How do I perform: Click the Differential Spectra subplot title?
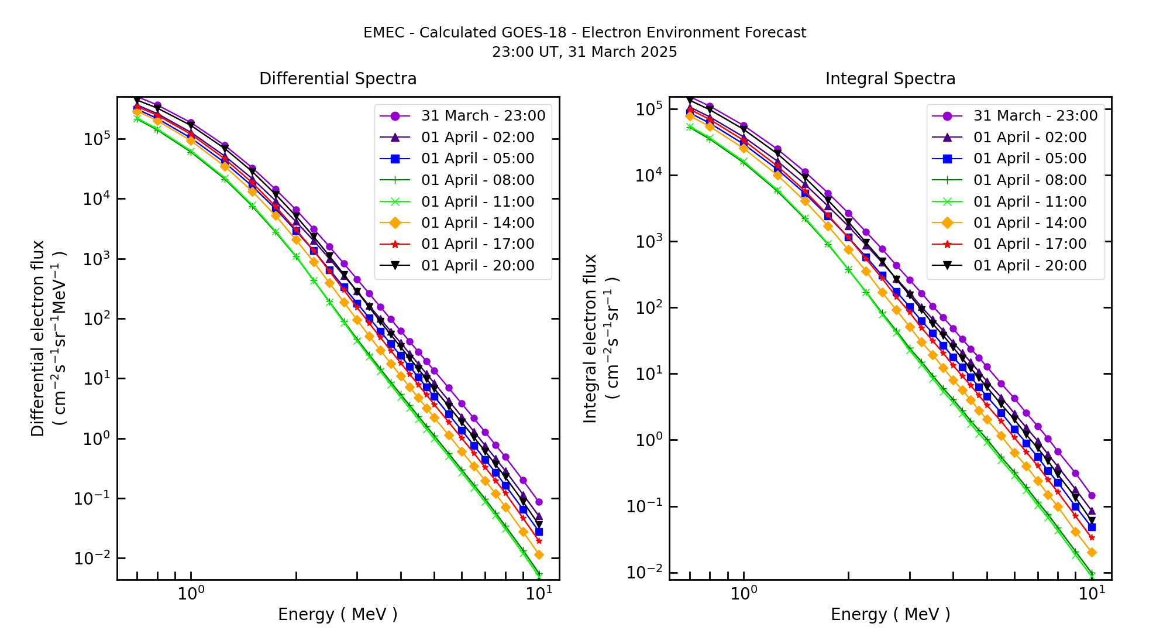(338, 79)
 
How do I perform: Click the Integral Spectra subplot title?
(890, 79)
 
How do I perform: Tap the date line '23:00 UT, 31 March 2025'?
(584, 52)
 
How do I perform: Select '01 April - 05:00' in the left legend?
(477, 159)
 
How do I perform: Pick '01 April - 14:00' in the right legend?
(1030, 223)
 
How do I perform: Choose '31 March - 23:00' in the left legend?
(483, 116)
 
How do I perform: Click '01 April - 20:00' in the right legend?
(1030, 266)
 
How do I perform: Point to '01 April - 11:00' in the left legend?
(477, 202)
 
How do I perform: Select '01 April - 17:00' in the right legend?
(1030, 244)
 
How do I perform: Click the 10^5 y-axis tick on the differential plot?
(97, 139)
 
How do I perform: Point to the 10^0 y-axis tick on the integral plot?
(649, 440)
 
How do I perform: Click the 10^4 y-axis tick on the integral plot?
(649, 176)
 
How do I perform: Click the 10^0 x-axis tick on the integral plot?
(744, 594)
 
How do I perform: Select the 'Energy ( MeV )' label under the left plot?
(338, 614)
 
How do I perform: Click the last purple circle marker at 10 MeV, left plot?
(539, 502)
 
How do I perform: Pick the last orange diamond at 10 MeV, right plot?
(1091, 552)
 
